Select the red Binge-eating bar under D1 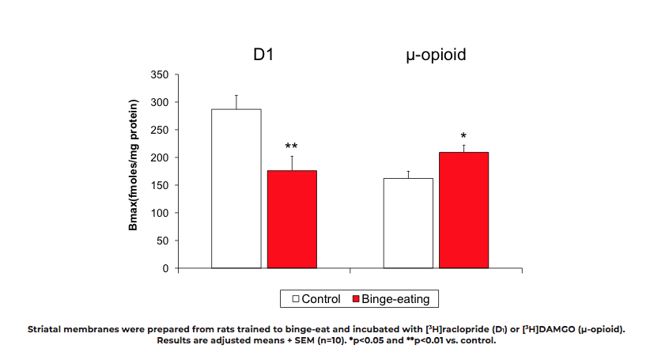pyautogui.click(x=292, y=219)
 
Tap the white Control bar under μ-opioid pyautogui.click(x=408, y=223)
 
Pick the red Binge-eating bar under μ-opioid pyautogui.click(x=463, y=210)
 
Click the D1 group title pyautogui.click(x=263, y=56)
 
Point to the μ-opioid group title pyautogui.click(x=436, y=56)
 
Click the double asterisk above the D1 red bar pyautogui.click(x=291, y=147)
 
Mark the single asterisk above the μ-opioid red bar pyautogui.click(x=463, y=136)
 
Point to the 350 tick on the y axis pyautogui.click(x=160, y=74)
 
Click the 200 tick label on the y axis pyautogui.click(x=160, y=157)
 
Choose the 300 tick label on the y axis pyautogui.click(x=160, y=102)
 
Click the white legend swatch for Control pyautogui.click(x=295, y=299)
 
